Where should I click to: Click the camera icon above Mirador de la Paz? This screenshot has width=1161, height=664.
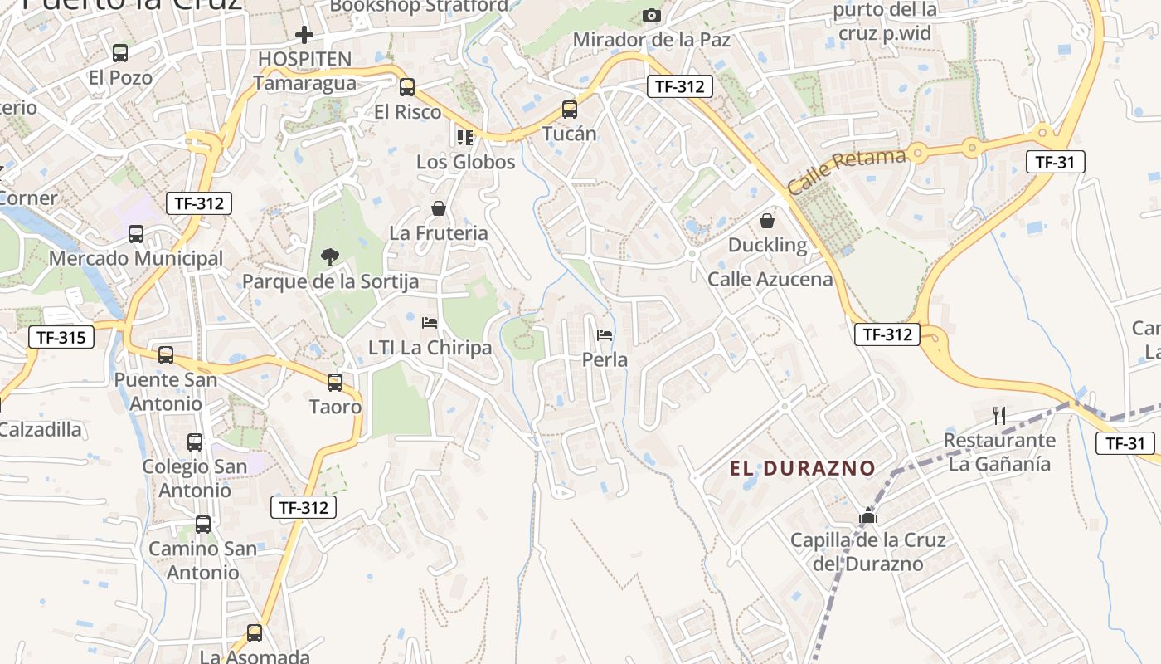pyautogui.click(x=652, y=15)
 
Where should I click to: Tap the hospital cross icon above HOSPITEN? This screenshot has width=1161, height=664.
pyautogui.click(x=304, y=35)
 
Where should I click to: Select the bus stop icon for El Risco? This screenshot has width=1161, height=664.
pyautogui.click(x=407, y=87)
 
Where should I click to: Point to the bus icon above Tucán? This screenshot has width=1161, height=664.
pyautogui.click(x=570, y=109)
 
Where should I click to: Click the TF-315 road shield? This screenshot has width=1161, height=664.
pyautogui.click(x=61, y=337)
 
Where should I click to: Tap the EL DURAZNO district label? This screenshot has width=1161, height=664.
pyautogui.click(x=802, y=468)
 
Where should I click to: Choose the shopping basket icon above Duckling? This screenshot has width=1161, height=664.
pyautogui.click(x=767, y=221)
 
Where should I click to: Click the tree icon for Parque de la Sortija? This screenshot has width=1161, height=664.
pyautogui.click(x=330, y=257)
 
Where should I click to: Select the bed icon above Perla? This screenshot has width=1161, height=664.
pyautogui.click(x=605, y=335)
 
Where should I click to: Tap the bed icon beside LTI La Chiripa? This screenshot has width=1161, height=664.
pyautogui.click(x=430, y=322)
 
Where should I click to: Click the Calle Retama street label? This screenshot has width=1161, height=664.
pyautogui.click(x=847, y=171)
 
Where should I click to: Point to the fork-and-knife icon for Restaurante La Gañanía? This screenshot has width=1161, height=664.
pyautogui.click(x=1000, y=415)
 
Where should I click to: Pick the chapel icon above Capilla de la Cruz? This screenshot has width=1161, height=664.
pyautogui.click(x=868, y=516)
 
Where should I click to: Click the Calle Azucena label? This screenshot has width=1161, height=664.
pyautogui.click(x=770, y=279)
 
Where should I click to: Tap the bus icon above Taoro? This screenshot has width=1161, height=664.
pyautogui.click(x=335, y=383)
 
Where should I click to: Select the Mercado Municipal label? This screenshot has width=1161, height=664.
pyautogui.click(x=136, y=258)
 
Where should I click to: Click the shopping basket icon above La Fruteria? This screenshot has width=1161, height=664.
pyautogui.click(x=439, y=208)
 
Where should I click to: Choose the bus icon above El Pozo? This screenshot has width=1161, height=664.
pyautogui.click(x=120, y=53)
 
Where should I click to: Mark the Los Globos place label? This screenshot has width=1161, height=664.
pyautogui.click(x=466, y=162)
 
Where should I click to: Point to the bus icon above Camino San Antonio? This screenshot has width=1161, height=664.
pyautogui.click(x=203, y=525)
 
